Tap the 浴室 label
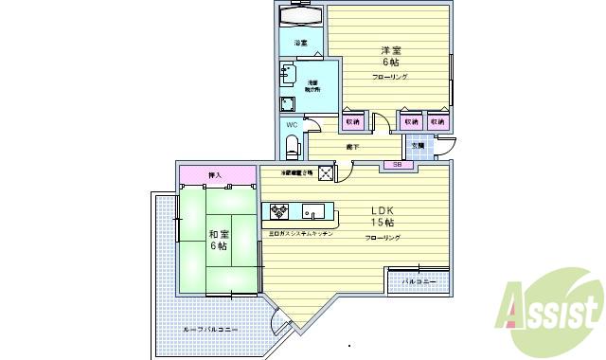pyautogui.click(x=300, y=44)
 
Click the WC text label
pyautogui.click(x=292, y=125)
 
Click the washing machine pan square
pyautogui.click(x=288, y=103)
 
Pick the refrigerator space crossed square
pyautogui.click(x=327, y=173)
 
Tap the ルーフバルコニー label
pyautogui.click(x=210, y=329)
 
